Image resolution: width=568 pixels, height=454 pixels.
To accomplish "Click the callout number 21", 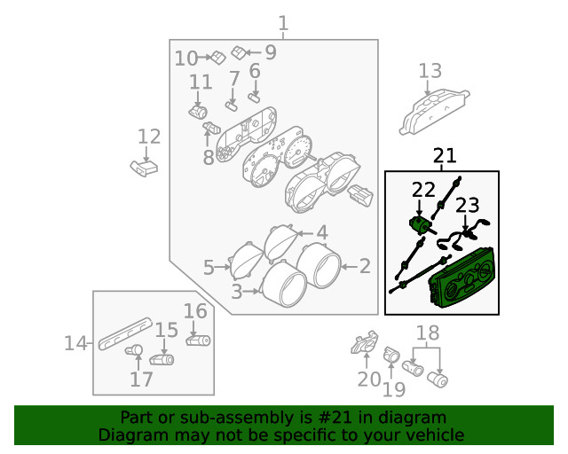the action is [445, 156].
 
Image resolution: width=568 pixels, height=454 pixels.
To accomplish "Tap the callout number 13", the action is [430, 71].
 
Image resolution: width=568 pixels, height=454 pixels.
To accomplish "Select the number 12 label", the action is [149, 137].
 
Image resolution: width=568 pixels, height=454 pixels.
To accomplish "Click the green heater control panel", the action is [461, 278].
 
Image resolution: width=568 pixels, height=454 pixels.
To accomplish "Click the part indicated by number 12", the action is [144, 168].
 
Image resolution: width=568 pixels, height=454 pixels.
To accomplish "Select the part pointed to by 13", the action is [434, 113].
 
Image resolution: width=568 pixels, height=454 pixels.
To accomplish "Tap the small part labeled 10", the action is [218, 58].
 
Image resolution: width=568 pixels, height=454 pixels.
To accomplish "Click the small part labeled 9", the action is [239, 52].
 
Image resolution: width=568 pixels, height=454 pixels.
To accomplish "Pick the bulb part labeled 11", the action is [198, 112].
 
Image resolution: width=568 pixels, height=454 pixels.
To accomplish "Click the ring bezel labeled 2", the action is [319, 265].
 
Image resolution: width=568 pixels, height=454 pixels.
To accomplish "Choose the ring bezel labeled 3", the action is [284, 285].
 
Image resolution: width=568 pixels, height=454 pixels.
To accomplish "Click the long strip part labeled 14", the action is [125, 333].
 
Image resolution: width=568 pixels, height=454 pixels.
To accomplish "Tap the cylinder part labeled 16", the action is [198, 340].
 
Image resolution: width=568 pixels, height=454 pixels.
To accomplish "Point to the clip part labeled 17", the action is [134, 350].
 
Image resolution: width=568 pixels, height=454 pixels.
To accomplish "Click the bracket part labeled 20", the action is [365, 341].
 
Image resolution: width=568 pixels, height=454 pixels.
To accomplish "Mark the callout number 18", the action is [428, 333].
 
